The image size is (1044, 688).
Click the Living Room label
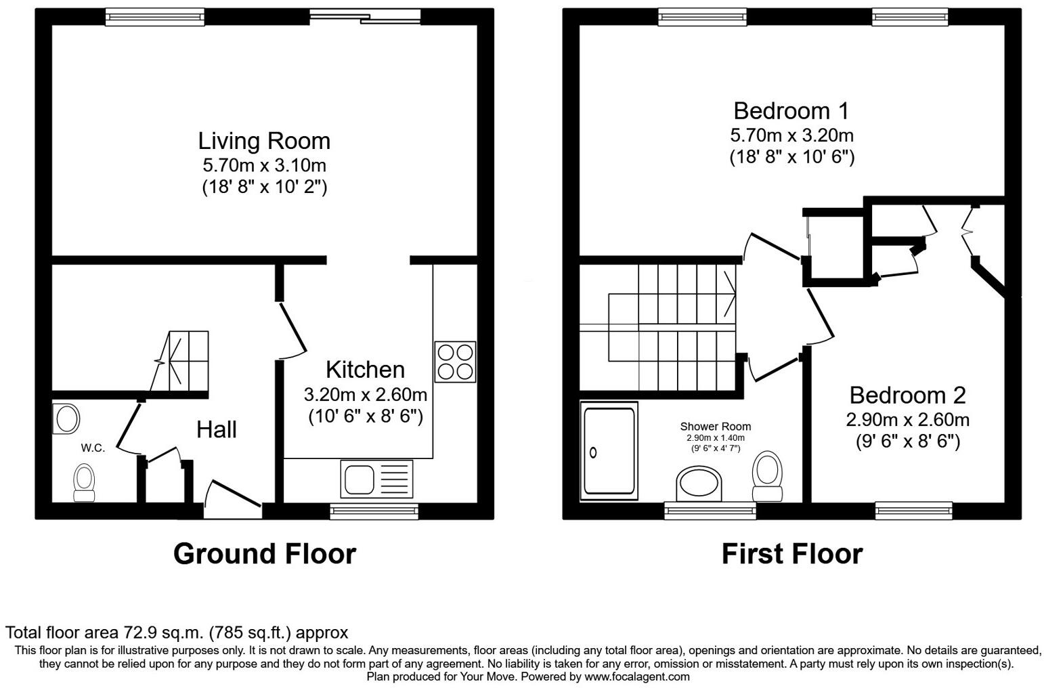coord(264,141)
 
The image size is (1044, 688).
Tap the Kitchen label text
coord(365,370)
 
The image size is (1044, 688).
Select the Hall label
coord(216,429)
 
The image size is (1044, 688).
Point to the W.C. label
coord(93,448)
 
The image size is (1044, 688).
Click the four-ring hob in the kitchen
coord(454,362)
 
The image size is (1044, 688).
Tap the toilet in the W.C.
coord(84,483)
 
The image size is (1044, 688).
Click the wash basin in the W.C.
coord(66,418)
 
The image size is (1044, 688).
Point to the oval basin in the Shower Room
coord(700,485)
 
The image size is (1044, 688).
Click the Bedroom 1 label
coord(791,110)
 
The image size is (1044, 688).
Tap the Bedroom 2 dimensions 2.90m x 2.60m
coord(907,420)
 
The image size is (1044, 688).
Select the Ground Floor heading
coord(264,553)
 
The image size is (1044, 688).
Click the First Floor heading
coord(791,553)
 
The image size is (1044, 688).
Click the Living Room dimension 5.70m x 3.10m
coord(264,165)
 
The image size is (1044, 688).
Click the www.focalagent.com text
coord(636,676)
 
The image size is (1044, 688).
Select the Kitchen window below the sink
coord(374,511)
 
